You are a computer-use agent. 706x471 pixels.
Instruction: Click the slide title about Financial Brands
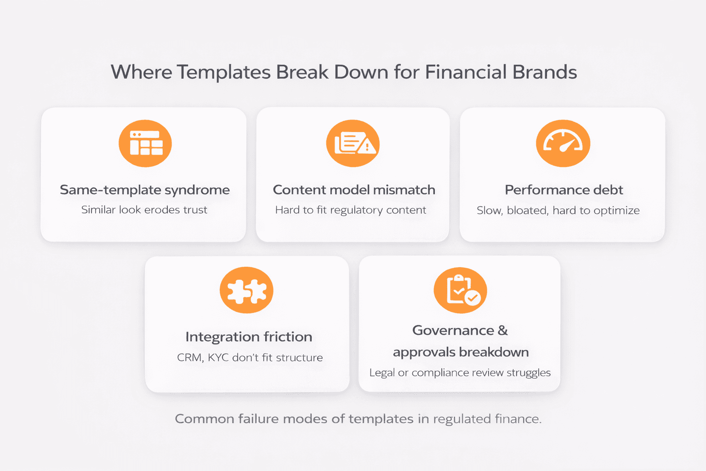point(344,72)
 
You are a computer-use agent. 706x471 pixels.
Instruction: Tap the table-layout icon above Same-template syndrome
point(145,144)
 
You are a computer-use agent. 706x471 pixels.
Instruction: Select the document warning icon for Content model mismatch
point(353,144)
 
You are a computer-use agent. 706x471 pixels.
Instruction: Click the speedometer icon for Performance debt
point(563,144)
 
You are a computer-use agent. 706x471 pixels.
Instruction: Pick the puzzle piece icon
point(246,291)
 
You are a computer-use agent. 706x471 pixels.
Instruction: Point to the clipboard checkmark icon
point(461,291)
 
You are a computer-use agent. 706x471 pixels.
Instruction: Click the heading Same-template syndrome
point(145,190)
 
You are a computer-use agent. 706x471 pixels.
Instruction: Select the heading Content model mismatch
point(354,190)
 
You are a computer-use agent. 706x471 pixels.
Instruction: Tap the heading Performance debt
point(564,190)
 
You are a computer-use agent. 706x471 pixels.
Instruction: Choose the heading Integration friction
point(249,337)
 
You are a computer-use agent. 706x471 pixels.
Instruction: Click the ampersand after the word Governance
point(502,330)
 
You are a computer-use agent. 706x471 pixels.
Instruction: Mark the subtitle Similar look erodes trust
point(144,210)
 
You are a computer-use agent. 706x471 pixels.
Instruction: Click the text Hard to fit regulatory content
point(351,210)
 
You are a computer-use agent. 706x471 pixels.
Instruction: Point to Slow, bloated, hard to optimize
point(558,211)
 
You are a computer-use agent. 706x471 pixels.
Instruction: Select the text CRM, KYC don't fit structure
point(250,357)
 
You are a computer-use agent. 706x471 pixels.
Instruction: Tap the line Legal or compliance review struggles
point(460,373)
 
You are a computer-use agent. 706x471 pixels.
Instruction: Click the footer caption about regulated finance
point(358,419)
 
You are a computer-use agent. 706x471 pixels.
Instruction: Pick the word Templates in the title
point(223,72)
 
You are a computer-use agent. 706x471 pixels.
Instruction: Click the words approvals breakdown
point(461,352)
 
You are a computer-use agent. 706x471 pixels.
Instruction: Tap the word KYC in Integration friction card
point(218,357)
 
